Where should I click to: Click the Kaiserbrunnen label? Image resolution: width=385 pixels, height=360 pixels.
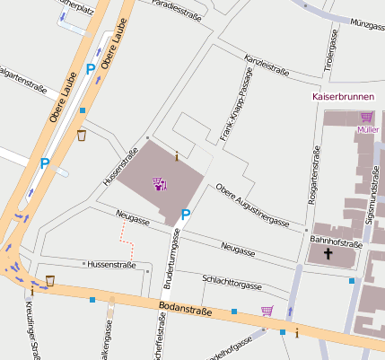(342, 96)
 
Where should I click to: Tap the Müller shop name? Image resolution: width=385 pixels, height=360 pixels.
(367, 129)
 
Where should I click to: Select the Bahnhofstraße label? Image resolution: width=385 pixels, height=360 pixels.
(335, 241)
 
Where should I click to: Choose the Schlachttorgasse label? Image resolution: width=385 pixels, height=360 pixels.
(232, 283)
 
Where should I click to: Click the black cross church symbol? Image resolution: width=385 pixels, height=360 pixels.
(328, 255)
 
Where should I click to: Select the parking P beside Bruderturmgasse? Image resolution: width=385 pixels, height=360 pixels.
(186, 215)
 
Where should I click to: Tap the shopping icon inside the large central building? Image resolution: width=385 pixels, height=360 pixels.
(160, 184)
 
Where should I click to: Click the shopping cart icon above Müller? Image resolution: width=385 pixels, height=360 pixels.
(366, 117)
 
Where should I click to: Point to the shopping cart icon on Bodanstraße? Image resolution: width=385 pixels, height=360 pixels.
(267, 312)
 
